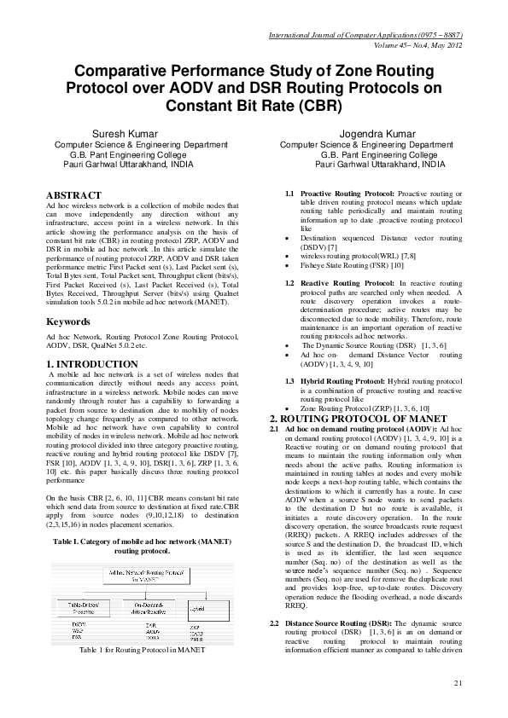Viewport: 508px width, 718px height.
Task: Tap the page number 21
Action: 458,707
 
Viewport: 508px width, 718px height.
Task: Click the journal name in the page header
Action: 365,34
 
